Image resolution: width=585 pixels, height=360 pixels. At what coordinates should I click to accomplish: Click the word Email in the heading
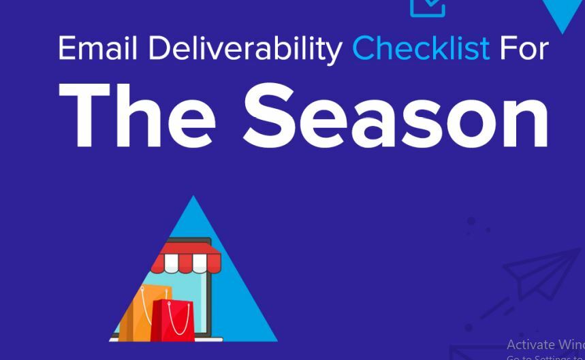[99, 48]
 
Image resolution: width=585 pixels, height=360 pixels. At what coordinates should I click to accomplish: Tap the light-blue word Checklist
[420, 48]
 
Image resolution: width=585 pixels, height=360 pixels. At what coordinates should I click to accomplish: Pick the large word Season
[396, 116]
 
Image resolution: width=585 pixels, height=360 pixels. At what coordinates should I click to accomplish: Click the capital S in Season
[273, 116]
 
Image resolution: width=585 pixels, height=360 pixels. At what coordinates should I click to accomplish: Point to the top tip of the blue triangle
[193, 197]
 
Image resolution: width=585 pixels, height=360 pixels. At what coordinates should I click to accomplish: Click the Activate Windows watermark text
[545, 344]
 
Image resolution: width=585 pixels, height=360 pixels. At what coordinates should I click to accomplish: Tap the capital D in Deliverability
[158, 48]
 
